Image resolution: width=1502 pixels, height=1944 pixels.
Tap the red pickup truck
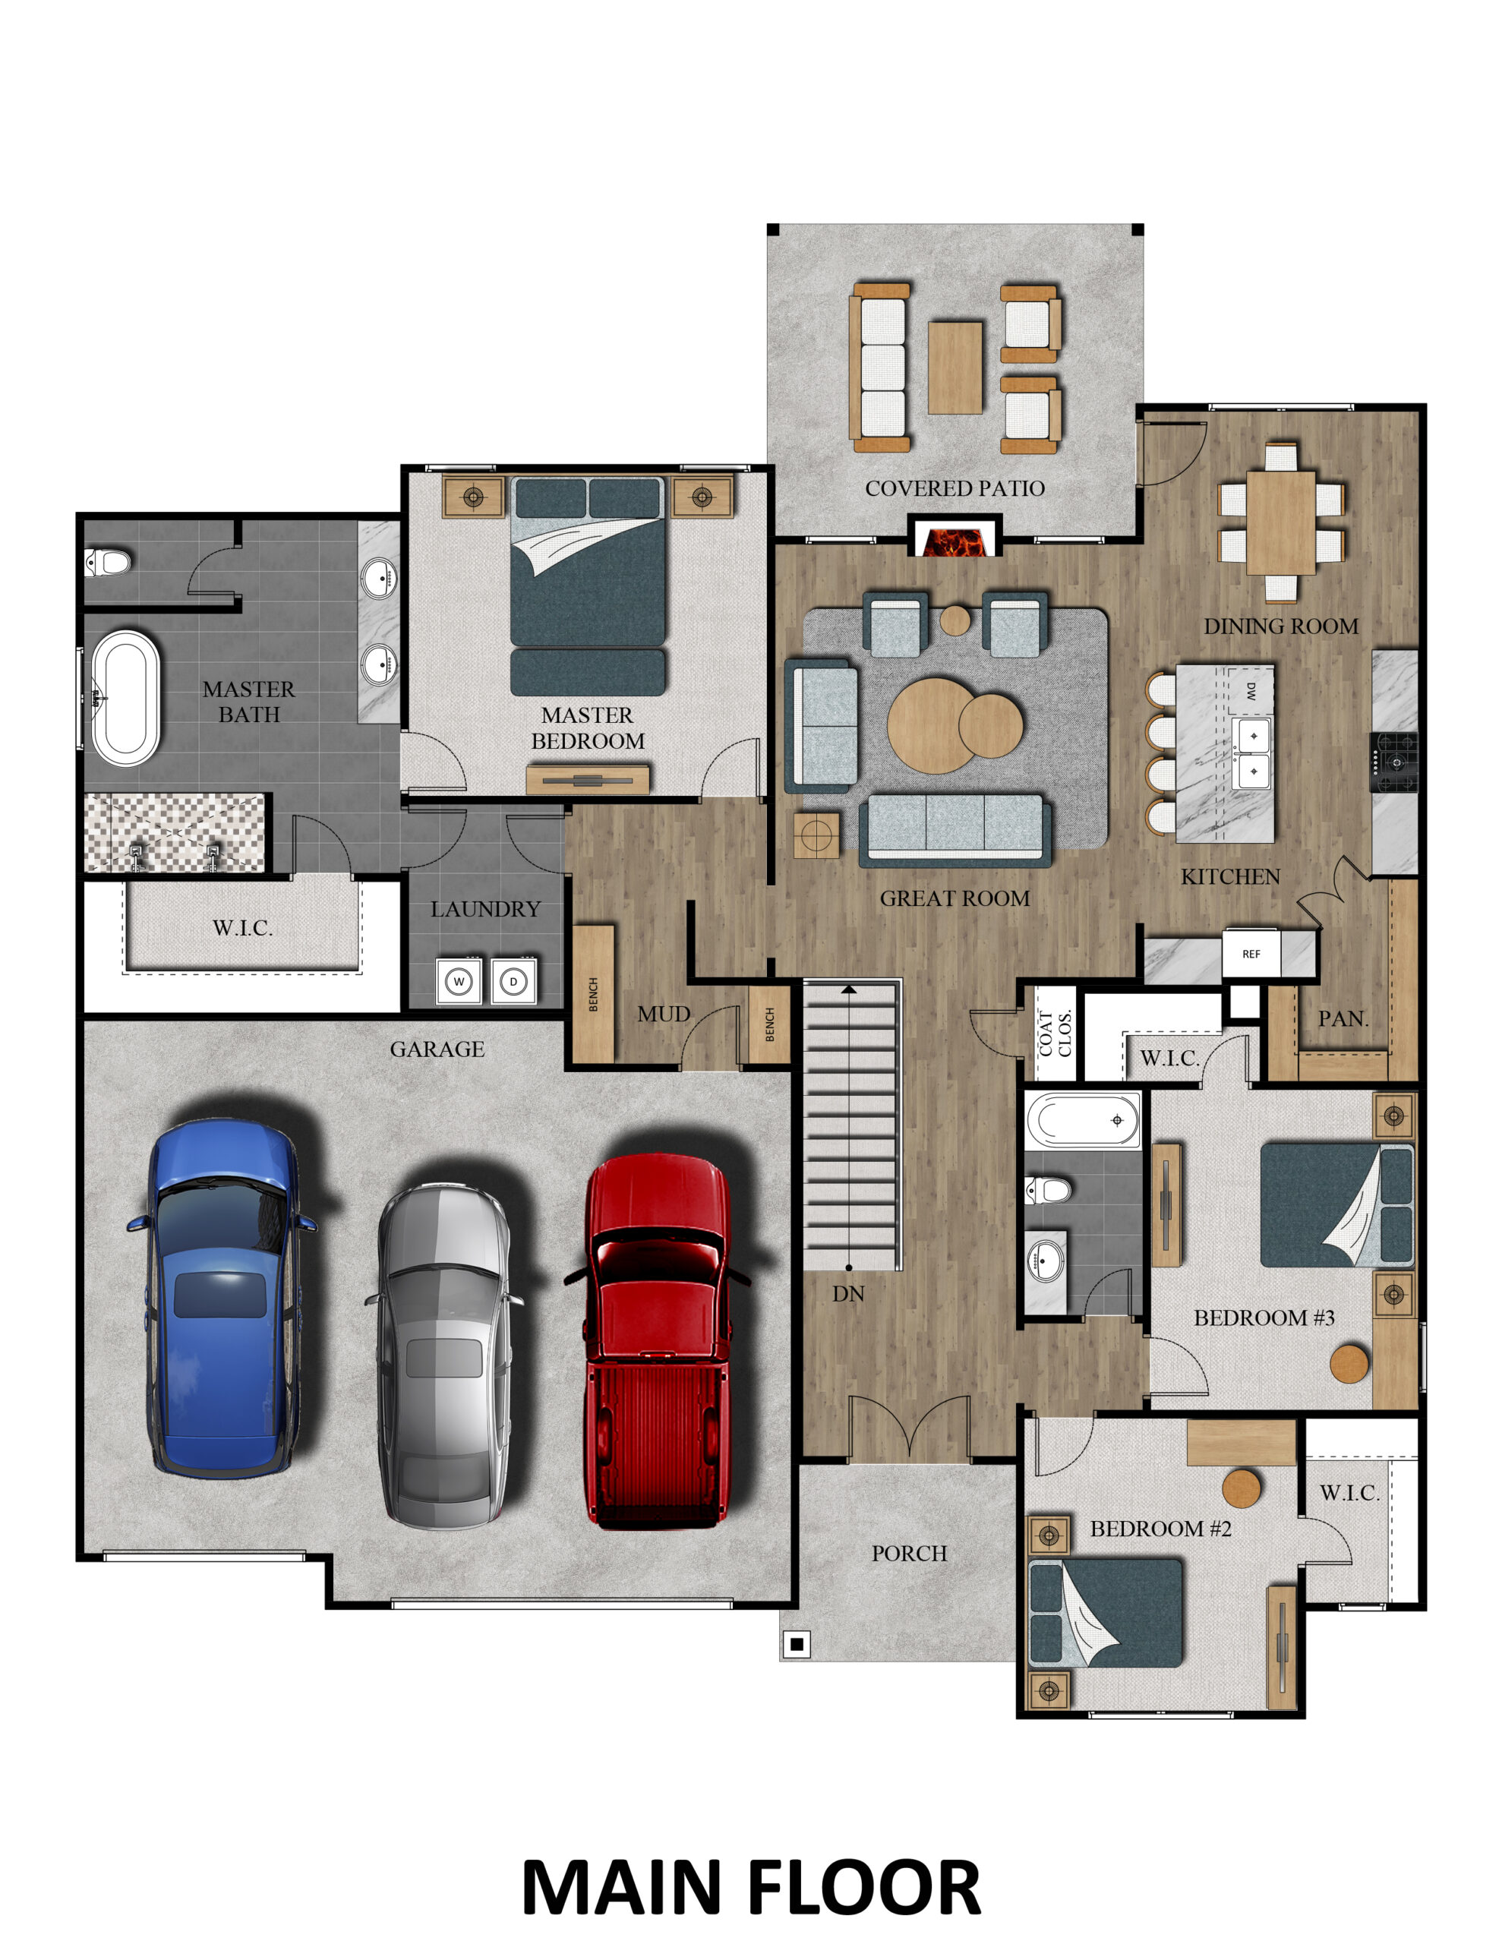tap(656, 1340)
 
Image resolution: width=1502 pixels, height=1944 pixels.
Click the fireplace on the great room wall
tap(955, 538)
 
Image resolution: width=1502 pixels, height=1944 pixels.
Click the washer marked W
tap(459, 982)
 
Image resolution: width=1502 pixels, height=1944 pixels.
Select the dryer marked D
tap(513, 982)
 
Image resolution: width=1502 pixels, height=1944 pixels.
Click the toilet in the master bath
tap(108, 563)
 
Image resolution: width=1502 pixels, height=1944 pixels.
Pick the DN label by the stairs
tap(847, 1294)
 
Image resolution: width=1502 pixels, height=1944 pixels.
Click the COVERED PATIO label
tap(955, 489)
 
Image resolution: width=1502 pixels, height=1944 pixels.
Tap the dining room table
tap(1280, 522)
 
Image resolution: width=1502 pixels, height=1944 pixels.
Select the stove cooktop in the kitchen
tap(1393, 762)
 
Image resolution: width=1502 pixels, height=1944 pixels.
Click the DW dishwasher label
tap(1251, 691)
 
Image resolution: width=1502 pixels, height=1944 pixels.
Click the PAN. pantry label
tap(1343, 1019)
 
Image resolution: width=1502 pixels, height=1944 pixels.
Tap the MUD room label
tap(664, 1015)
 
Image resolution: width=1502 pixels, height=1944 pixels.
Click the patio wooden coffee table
tap(955, 368)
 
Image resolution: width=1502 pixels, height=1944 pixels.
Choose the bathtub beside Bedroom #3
tap(1082, 1120)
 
